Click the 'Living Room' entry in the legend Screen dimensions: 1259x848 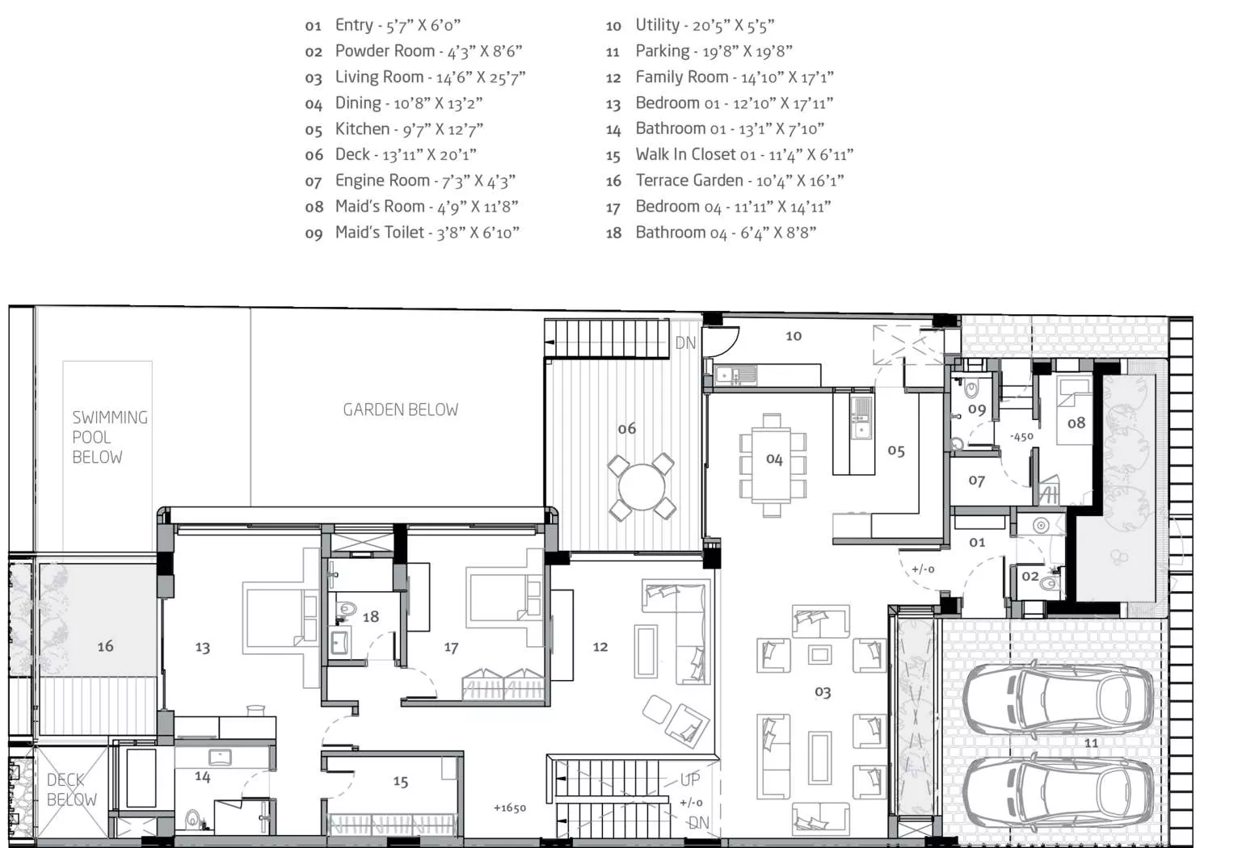tap(415, 77)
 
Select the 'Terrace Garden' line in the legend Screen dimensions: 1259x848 tap(725, 180)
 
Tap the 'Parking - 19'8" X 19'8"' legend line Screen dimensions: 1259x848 tap(699, 51)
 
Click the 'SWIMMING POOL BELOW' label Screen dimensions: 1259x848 tap(110, 437)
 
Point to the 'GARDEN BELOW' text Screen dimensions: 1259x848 tap(400, 409)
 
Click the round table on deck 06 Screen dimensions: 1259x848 tap(642, 487)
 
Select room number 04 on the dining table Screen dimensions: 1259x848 tap(774, 460)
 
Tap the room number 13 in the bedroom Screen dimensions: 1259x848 tap(202, 648)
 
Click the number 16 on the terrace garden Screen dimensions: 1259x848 tap(105, 646)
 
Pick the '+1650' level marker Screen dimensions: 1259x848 tap(510, 808)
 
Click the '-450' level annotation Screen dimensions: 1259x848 tap(1021, 436)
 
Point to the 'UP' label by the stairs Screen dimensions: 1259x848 tap(690, 779)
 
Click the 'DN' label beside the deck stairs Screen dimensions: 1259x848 tap(686, 342)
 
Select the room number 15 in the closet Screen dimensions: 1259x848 tap(400, 781)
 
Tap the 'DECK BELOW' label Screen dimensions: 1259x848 tap(71, 790)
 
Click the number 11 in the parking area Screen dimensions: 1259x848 tap(1091, 743)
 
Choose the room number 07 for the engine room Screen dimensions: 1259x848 tap(976, 481)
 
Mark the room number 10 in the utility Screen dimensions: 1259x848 tap(793, 336)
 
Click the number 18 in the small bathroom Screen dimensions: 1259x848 tap(370, 617)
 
